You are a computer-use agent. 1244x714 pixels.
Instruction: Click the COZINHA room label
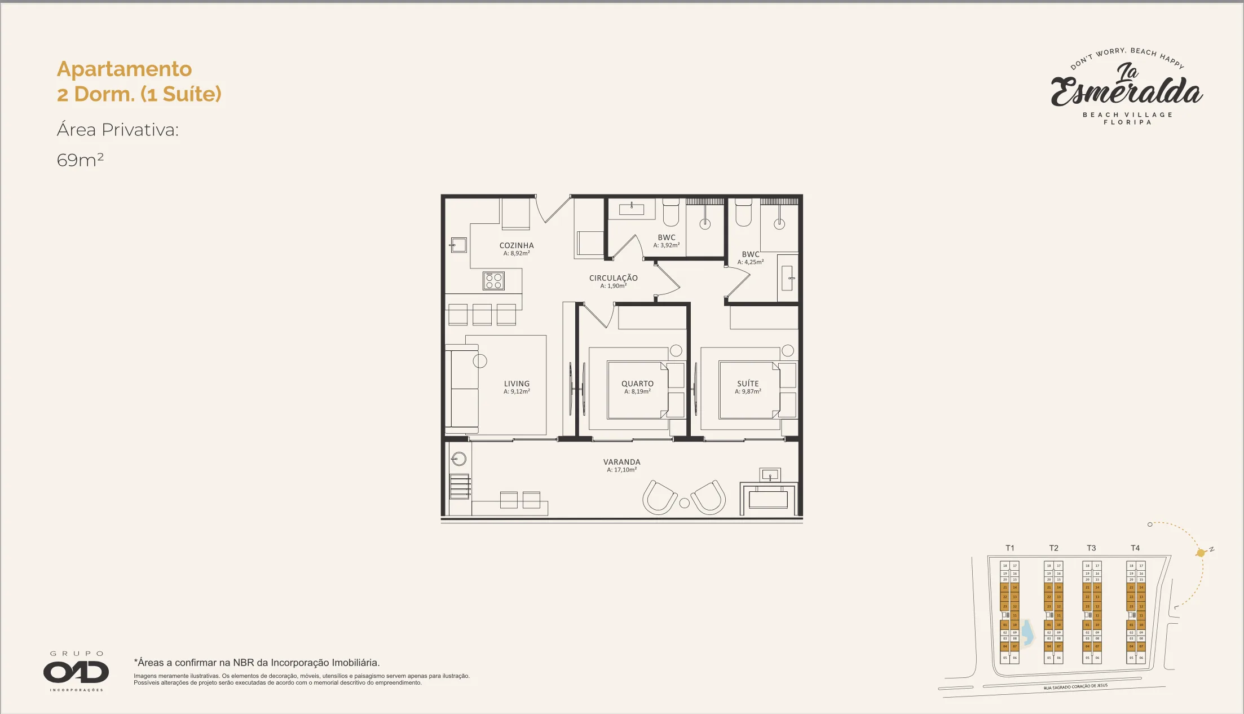[x=516, y=245]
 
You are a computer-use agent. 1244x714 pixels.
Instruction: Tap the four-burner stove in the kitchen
[x=493, y=281]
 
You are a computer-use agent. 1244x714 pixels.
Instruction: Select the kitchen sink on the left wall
[x=458, y=245]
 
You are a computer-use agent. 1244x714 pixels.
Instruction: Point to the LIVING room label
[x=517, y=384]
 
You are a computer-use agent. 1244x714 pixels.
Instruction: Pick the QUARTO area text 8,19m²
[x=637, y=391]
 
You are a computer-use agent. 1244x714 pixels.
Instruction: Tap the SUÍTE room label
[x=748, y=384]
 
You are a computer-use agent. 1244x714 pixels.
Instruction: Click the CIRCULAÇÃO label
[x=613, y=278]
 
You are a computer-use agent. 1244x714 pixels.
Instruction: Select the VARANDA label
[x=621, y=462]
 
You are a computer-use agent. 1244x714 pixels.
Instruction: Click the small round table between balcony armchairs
[x=684, y=503]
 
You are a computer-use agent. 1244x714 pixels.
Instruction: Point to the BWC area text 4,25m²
[x=750, y=262]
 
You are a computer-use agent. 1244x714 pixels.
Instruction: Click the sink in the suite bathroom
[x=787, y=278]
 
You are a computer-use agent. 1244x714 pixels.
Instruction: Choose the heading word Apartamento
[x=124, y=69]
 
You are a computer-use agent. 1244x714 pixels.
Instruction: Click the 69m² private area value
[x=80, y=160]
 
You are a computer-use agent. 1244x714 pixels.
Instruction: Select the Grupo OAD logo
[x=76, y=671]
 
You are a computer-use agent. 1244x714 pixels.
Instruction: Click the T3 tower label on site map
[x=1091, y=548]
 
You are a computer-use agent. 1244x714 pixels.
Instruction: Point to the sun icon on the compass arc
[x=1201, y=553]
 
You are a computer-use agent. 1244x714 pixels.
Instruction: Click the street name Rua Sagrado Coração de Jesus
[x=1075, y=687]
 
